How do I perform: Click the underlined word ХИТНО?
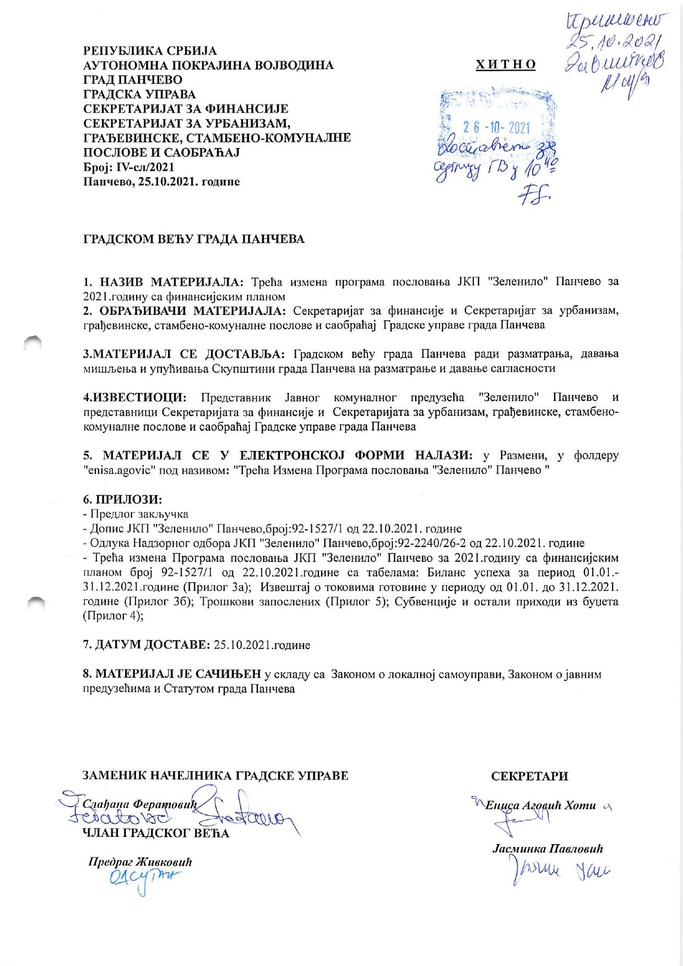[506, 65]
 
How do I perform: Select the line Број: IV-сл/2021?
[129, 167]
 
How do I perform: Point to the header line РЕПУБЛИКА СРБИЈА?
[150, 51]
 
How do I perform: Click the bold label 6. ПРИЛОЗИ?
[122, 500]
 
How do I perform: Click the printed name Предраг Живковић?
[140, 862]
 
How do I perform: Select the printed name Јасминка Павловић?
[548, 849]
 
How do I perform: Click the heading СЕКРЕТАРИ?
[529, 776]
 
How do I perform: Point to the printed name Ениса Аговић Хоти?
[541, 806]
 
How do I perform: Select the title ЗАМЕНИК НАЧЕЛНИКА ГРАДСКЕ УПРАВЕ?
[215, 776]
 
